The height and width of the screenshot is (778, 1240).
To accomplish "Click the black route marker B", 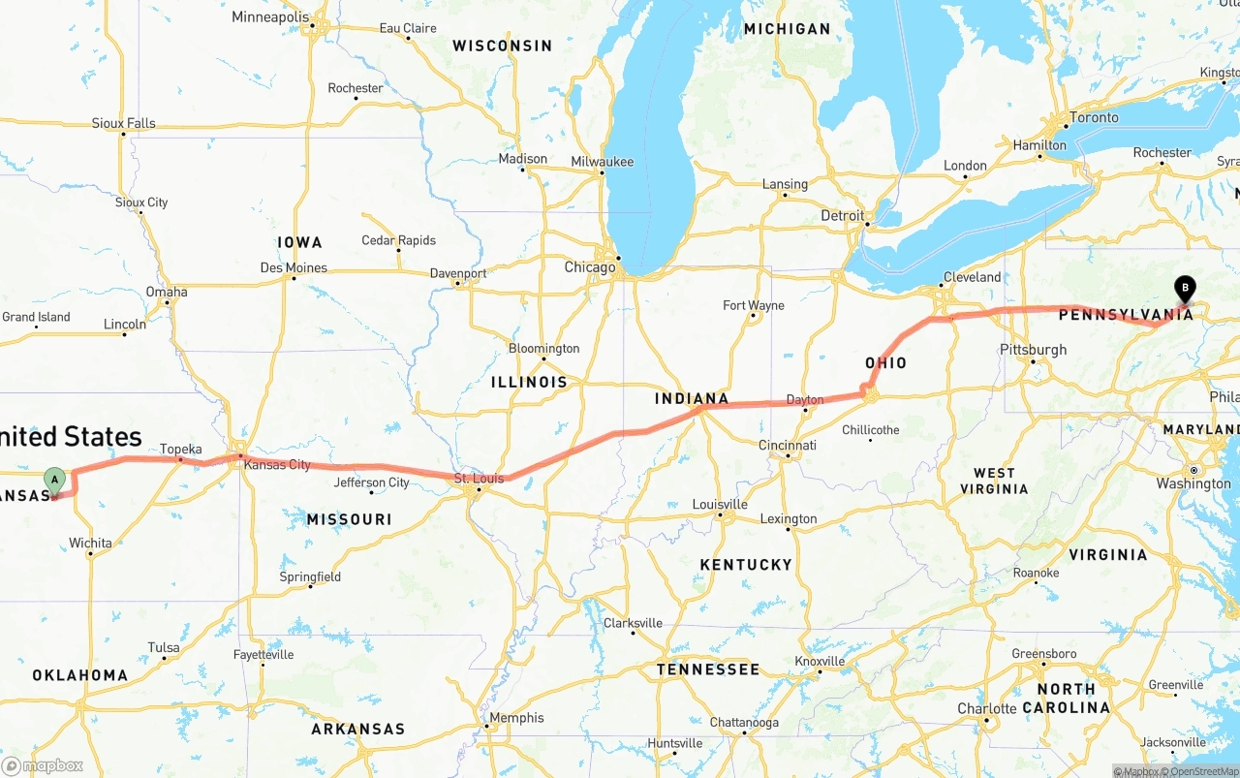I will pyautogui.click(x=1184, y=288).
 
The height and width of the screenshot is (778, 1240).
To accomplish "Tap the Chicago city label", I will pyautogui.click(x=590, y=266).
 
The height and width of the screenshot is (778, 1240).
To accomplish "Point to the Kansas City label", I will pyautogui.click(x=277, y=465).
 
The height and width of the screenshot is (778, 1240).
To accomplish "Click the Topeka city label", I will pyautogui.click(x=181, y=449).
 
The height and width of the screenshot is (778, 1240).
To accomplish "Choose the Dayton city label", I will pyautogui.click(x=805, y=399).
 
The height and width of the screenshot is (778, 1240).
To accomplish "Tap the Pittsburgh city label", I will pyautogui.click(x=1034, y=350).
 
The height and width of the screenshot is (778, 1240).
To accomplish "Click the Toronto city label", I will pyautogui.click(x=1093, y=117).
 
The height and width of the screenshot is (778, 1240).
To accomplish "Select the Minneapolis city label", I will pyautogui.click(x=270, y=17).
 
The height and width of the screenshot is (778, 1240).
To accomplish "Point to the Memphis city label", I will pyautogui.click(x=517, y=718).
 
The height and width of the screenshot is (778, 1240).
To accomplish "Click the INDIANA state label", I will pyautogui.click(x=692, y=398).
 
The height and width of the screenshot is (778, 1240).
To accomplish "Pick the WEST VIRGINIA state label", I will pyautogui.click(x=994, y=481).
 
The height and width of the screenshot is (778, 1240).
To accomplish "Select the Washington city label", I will pyautogui.click(x=1193, y=483).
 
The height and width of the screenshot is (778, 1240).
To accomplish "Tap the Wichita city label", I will pyautogui.click(x=91, y=543).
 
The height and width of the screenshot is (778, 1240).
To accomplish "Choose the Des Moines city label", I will pyautogui.click(x=294, y=267).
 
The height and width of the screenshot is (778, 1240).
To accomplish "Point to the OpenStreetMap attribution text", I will pyautogui.click(x=1204, y=771).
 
